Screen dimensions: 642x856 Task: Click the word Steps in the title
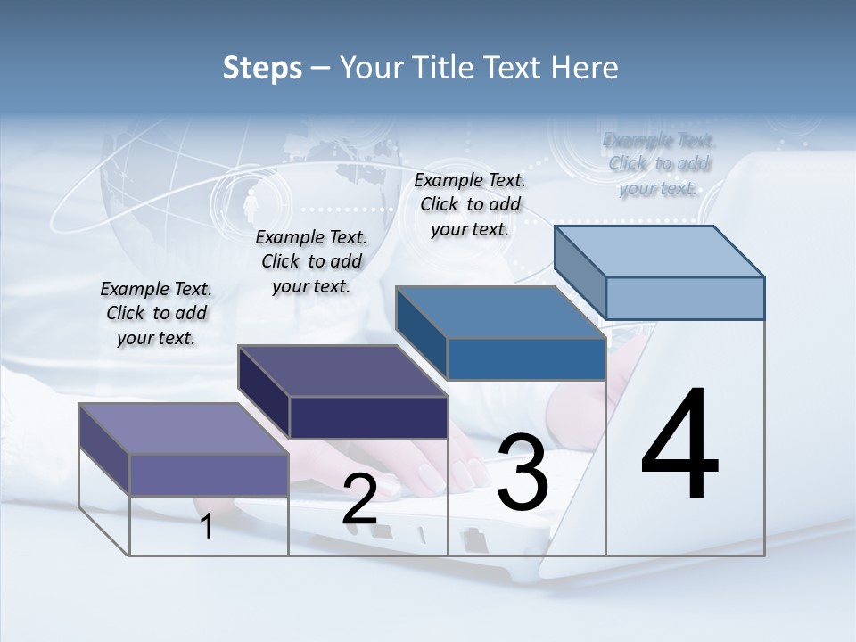point(262,68)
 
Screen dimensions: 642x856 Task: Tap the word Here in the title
point(583,68)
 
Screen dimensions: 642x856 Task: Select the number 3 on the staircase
point(523,473)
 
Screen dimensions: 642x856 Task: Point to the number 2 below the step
point(359,500)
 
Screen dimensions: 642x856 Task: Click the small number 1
point(207,526)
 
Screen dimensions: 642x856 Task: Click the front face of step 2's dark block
point(368,417)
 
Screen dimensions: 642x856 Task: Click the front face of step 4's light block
point(685,298)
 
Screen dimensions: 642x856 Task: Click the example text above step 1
point(156,313)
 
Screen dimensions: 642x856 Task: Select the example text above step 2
point(311,261)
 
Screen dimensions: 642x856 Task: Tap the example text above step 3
point(470,204)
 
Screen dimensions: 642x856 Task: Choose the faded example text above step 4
point(658,164)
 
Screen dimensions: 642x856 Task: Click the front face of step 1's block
point(209,474)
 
